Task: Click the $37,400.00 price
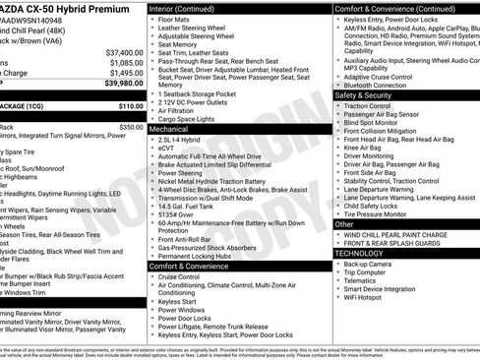tap(124, 51)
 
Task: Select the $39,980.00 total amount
tap(124, 84)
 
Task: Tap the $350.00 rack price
tap(131, 127)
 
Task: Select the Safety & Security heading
tap(370, 95)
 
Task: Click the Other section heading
tap(344, 224)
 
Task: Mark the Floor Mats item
tap(174, 19)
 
